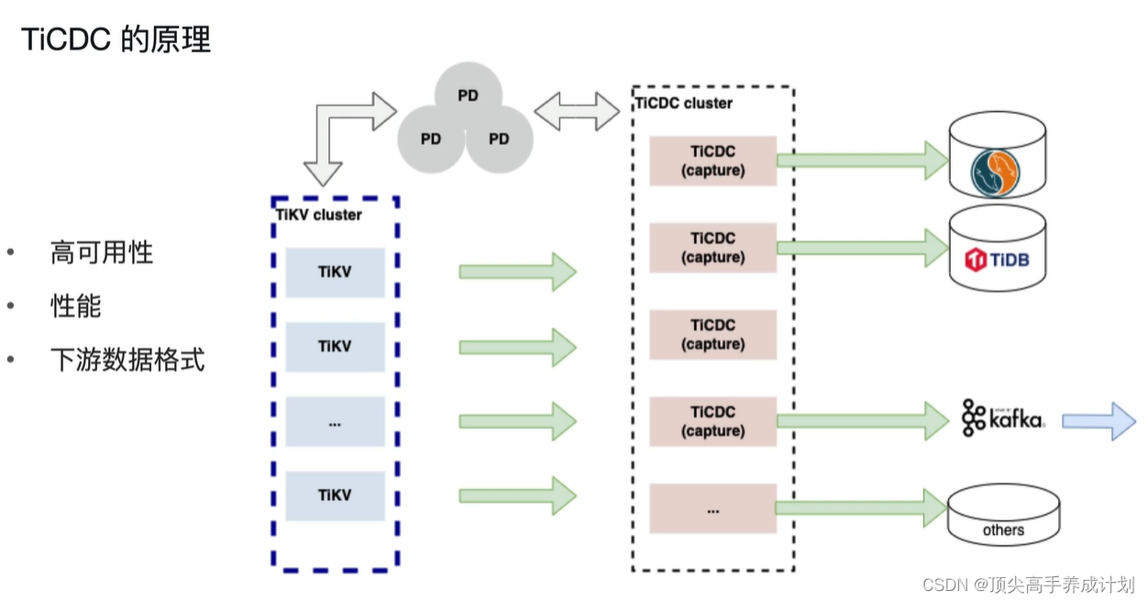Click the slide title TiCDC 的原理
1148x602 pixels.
coord(116,39)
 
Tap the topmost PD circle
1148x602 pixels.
coord(468,95)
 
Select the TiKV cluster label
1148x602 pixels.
coord(319,215)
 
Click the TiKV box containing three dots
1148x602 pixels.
coord(335,421)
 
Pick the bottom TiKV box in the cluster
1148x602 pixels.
coord(335,496)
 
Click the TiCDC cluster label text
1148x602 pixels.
coord(684,103)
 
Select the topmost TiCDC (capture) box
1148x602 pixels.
coord(712,161)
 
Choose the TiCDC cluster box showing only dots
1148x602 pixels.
coord(712,508)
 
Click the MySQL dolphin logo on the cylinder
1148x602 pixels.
coord(997,173)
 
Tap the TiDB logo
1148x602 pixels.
coord(997,260)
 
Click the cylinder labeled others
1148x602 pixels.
coord(1002,519)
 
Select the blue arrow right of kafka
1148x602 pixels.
coord(1098,421)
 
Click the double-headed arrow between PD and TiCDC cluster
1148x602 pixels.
coord(577,111)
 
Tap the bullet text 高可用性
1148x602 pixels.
coord(101,253)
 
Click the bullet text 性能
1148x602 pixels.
coord(75,307)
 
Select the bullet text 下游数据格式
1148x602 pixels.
coord(127,360)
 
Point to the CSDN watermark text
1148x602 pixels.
coord(1028,585)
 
